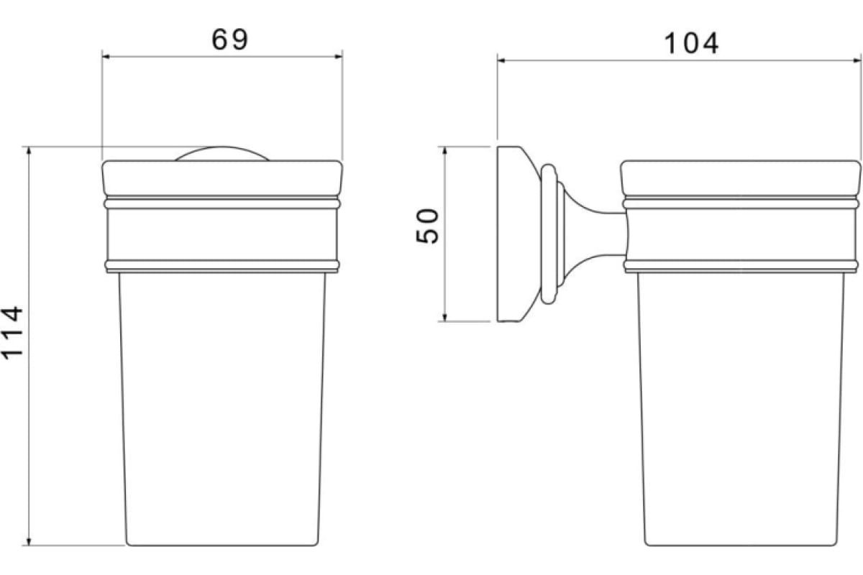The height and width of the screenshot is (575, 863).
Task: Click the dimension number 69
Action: [230, 40]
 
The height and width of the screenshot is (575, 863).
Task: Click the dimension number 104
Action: [691, 43]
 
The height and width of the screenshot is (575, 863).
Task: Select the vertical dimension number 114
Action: [13, 333]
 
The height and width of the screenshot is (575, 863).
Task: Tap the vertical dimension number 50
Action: [428, 226]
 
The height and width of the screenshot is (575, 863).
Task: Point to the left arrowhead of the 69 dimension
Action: [106, 57]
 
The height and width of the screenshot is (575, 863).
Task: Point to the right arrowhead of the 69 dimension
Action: [338, 57]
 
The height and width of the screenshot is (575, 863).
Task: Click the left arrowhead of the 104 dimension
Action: [501, 60]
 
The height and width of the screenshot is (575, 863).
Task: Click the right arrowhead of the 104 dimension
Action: [857, 60]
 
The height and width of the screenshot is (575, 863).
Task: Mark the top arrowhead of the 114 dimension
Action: [29, 151]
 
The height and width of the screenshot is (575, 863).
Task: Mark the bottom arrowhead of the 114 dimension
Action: [29, 541]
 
